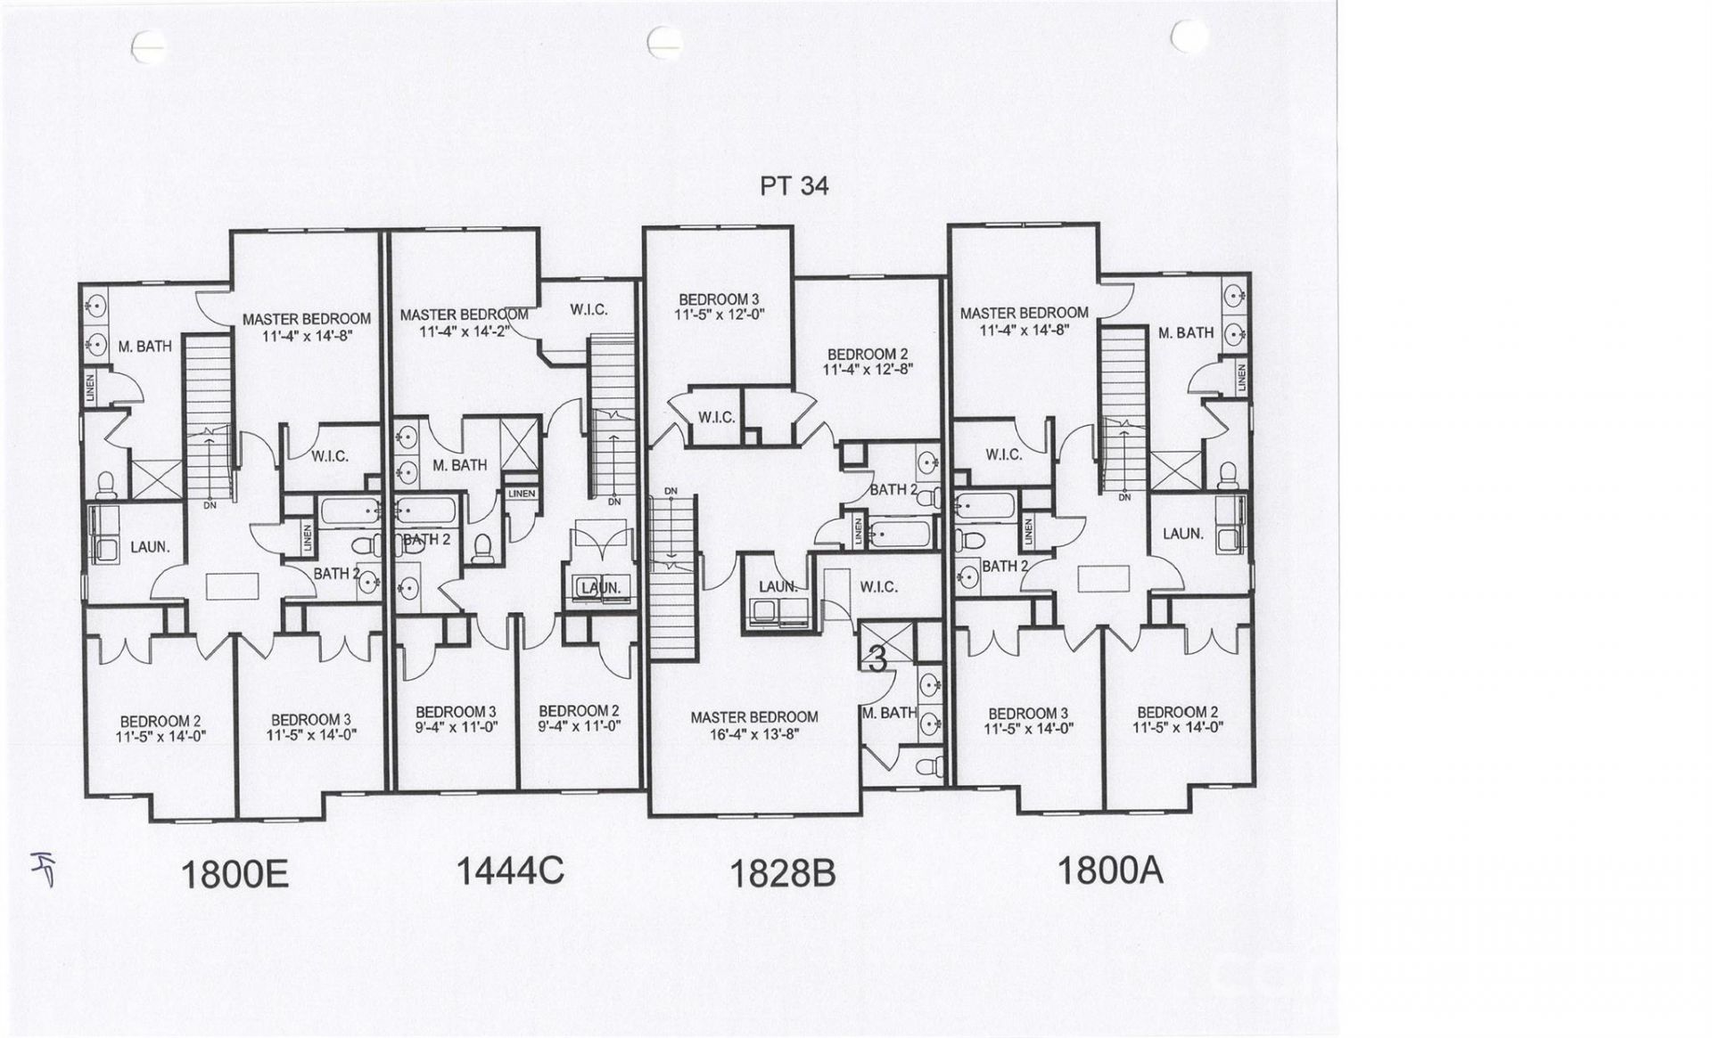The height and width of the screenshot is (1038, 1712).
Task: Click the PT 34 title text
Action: coord(794,186)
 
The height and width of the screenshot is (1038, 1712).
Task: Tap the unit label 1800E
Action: coord(235,875)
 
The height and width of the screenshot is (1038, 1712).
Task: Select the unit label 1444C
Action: coord(510,870)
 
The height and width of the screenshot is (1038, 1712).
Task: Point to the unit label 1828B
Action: coord(783,874)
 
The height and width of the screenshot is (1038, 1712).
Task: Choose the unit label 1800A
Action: coord(1110,870)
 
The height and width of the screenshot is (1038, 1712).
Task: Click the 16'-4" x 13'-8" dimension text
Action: coord(754,734)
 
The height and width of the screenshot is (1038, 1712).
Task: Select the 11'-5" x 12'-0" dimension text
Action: coord(720,315)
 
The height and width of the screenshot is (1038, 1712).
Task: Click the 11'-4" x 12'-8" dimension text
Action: coord(868,369)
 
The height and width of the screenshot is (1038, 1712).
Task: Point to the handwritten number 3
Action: coord(877,659)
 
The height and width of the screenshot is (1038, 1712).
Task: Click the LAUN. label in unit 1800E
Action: coord(150,547)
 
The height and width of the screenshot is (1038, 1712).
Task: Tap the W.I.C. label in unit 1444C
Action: coord(588,310)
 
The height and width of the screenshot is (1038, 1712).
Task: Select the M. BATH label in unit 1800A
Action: coord(1186,332)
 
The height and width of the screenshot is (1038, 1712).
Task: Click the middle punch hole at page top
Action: coord(664,39)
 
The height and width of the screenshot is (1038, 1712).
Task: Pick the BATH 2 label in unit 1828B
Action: coord(893,489)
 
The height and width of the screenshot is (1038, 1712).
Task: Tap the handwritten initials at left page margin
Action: coord(39,865)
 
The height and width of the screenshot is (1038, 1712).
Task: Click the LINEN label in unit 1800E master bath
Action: coord(89,388)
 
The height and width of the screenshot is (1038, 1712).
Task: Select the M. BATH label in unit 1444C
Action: coord(459,465)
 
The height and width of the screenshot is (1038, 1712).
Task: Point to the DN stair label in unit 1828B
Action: coord(671,491)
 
